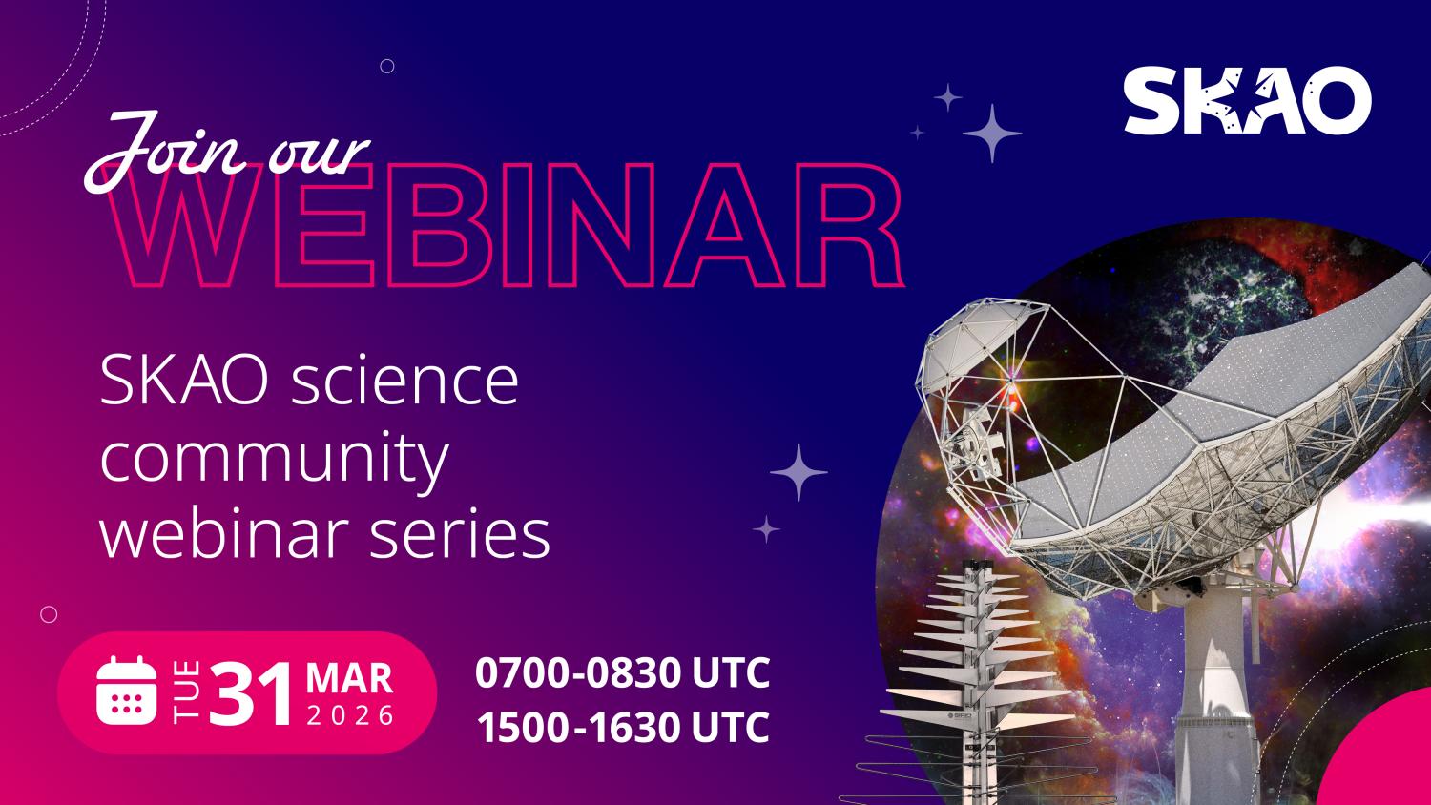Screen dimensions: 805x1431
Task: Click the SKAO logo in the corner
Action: [1247, 100]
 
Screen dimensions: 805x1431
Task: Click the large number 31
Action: [251, 694]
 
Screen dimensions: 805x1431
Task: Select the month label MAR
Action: [349, 678]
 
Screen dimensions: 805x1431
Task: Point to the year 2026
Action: [350, 716]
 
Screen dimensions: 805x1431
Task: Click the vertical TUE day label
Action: [186, 691]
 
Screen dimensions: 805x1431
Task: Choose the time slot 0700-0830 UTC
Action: [622, 672]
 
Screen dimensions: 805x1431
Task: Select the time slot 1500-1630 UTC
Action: [622, 728]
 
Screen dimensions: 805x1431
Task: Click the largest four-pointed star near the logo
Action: [992, 133]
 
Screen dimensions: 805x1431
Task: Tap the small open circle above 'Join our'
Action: [387, 66]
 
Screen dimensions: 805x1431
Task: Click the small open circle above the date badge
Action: [49, 615]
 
